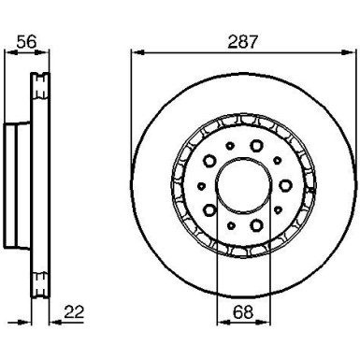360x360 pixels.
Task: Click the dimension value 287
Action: pyautogui.click(x=243, y=42)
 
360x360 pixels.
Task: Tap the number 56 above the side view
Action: pyautogui.click(x=26, y=41)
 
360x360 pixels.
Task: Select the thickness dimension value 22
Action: pyautogui.click(x=74, y=312)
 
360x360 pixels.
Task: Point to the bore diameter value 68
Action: pyautogui.click(x=243, y=311)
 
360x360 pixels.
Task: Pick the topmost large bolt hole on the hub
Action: pyautogui.click(x=256, y=145)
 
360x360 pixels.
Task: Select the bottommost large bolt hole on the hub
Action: pyautogui.click(x=256, y=225)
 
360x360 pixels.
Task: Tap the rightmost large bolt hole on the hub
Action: pyautogui.click(x=285, y=185)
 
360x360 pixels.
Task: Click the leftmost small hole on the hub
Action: pyautogui.click(x=202, y=186)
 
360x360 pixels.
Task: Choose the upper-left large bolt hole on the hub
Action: pyautogui.click(x=209, y=161)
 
